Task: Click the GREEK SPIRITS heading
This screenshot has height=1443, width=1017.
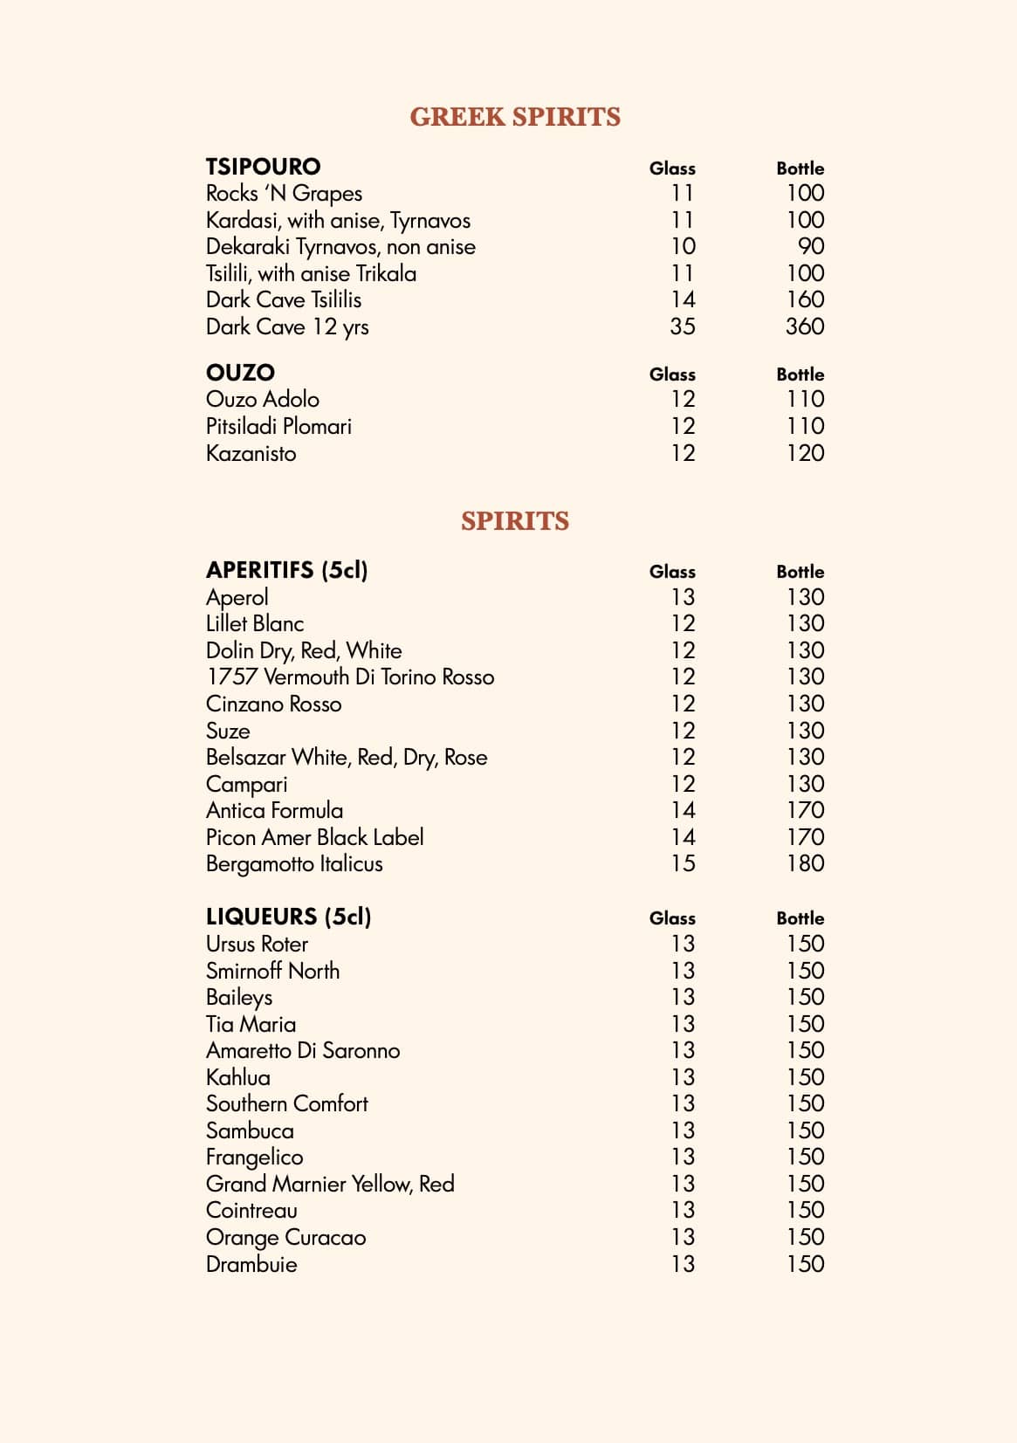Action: tap(515, 117)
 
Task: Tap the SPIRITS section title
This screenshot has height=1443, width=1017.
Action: tap(515, 521)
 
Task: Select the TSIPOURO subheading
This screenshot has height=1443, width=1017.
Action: tap(263, 167)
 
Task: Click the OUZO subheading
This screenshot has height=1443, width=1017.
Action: tap(240, 373)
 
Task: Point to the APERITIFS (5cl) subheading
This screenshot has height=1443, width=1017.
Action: tap(286, 570)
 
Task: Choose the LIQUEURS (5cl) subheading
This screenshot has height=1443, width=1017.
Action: tap(288, 917)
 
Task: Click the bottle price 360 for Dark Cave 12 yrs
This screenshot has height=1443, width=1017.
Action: tap(804, 326)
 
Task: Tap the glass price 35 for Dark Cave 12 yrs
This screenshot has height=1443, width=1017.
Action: tap(683, 326)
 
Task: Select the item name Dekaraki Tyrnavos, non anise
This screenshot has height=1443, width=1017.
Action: tap(340, 247)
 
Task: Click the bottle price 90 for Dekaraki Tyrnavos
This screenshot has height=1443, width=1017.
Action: tap(811, 246)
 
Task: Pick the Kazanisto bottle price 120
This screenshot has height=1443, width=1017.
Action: tap(804, 453)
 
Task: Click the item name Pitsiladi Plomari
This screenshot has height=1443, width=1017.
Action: tap(278, 426)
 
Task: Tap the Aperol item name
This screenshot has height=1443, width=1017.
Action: tap(237, 597)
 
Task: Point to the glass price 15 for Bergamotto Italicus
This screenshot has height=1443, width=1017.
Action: tap(683, 863)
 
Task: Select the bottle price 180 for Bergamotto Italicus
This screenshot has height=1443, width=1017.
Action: tap(804, 863)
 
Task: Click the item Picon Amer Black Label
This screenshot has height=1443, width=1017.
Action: tap(314, 837)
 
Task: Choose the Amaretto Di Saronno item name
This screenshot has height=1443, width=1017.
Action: tap(303, 1050)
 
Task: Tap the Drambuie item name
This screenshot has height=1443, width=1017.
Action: tap(251, 1264)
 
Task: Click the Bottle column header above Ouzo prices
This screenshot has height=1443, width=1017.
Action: tap(800, 374)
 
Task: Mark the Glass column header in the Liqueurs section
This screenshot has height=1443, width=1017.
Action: tap(672, 918)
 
